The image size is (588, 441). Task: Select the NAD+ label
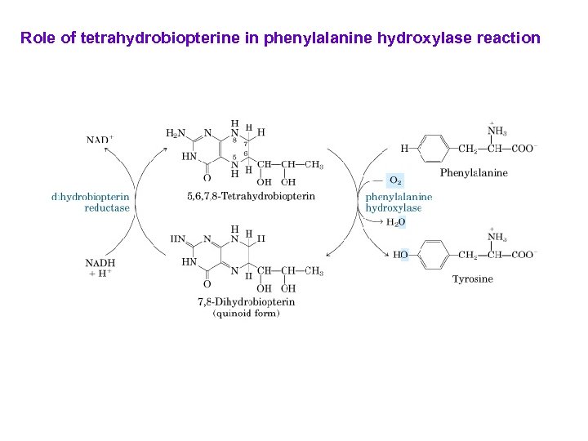click(x=100, y=139)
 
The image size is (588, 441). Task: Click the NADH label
click(x=100, y=263)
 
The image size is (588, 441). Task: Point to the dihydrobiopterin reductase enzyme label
click(x=91, y=202)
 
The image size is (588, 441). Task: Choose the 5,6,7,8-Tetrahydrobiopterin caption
click(x=251, y=196)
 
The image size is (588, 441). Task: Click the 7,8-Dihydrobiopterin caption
click(x=246, y=301)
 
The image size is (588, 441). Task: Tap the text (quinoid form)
click(x=246, y=313)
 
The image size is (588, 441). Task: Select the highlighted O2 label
click(x=395, y=180)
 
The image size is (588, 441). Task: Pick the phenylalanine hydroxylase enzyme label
click(x=398, y=202)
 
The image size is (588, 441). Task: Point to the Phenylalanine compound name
click(x=474, y=172)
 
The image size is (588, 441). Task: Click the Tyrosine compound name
click(x=473, y=278)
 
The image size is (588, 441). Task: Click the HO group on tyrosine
click(x=400, y=255)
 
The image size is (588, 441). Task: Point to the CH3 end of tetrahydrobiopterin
click(x=314, y=165)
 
